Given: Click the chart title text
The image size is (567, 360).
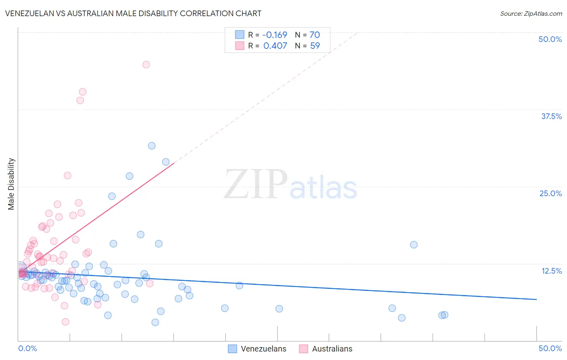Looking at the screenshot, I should tap(133, 13).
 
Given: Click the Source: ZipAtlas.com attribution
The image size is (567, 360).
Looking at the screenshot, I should tap(531, 13).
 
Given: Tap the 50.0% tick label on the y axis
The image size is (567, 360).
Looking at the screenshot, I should tap(550, 39).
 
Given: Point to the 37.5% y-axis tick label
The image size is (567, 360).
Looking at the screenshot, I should tap(551, 116).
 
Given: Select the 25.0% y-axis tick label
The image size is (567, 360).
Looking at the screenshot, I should tap(550, 193).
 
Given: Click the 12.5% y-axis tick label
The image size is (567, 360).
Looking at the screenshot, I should tap(551, 271).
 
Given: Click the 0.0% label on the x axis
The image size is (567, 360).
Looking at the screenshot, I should tap(27, 348).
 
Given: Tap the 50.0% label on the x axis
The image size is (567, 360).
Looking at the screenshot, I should tap(550, 348).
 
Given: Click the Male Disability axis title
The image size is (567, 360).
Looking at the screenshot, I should tap(11, 184).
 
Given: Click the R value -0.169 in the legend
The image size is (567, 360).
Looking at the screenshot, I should tap(275, 35).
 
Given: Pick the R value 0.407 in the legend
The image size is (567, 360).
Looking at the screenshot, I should tap(275, 46).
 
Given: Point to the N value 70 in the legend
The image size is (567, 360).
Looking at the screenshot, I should tap(315, 35).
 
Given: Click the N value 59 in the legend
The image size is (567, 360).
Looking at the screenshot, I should tap(315, 46).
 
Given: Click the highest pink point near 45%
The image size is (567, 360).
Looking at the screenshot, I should tap(146, 65).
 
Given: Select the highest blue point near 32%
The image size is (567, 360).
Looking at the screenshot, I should tap(152, 146).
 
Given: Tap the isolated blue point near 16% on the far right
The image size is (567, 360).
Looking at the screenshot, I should tap(414, 245).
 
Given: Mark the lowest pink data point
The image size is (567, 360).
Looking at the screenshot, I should tap(65, 322).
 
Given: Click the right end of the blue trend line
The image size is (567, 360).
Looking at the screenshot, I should tap(536, 299).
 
